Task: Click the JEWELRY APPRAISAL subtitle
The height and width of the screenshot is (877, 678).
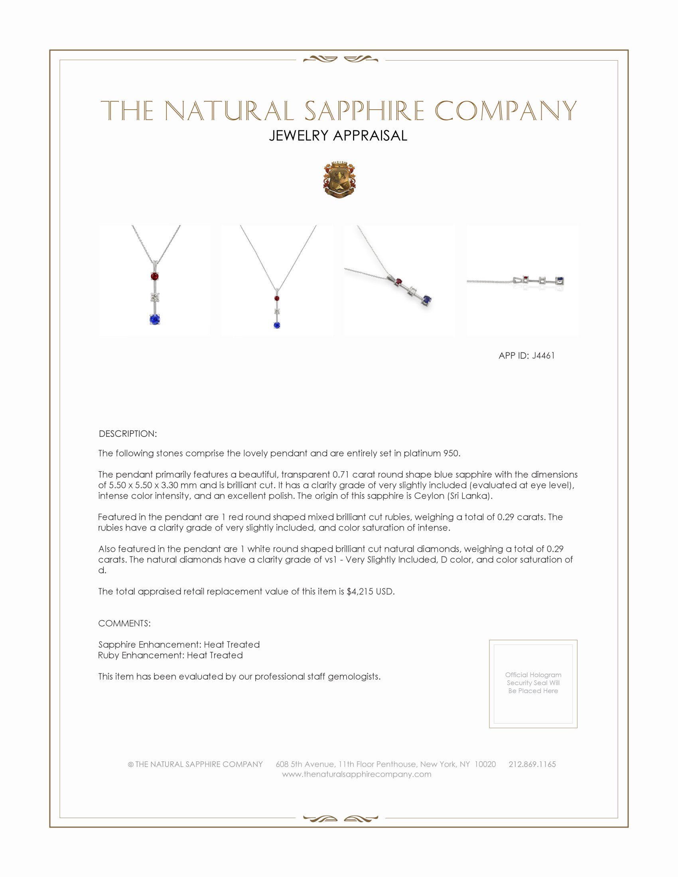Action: click(x=338, y=136)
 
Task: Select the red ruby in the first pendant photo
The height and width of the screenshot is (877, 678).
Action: click(x=155, y=276)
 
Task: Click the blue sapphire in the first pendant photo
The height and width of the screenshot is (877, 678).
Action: click(x=155, y=319)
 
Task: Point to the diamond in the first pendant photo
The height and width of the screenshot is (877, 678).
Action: click(x=155, y=297)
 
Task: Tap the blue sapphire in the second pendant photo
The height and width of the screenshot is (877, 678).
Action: click(x=277, y=325)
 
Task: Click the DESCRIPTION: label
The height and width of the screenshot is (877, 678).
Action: click(x=128, y=434)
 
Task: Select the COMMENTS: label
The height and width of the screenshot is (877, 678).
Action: click(x=124, y=623)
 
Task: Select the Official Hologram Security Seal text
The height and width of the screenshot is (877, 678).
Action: click(x=533, y=682)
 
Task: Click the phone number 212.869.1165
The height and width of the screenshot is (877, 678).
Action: click(x=532, y=764)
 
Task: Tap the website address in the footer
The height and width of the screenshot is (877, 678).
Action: click(x=356, y=774)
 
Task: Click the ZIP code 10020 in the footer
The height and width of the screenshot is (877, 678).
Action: click(x=485, y=764)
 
